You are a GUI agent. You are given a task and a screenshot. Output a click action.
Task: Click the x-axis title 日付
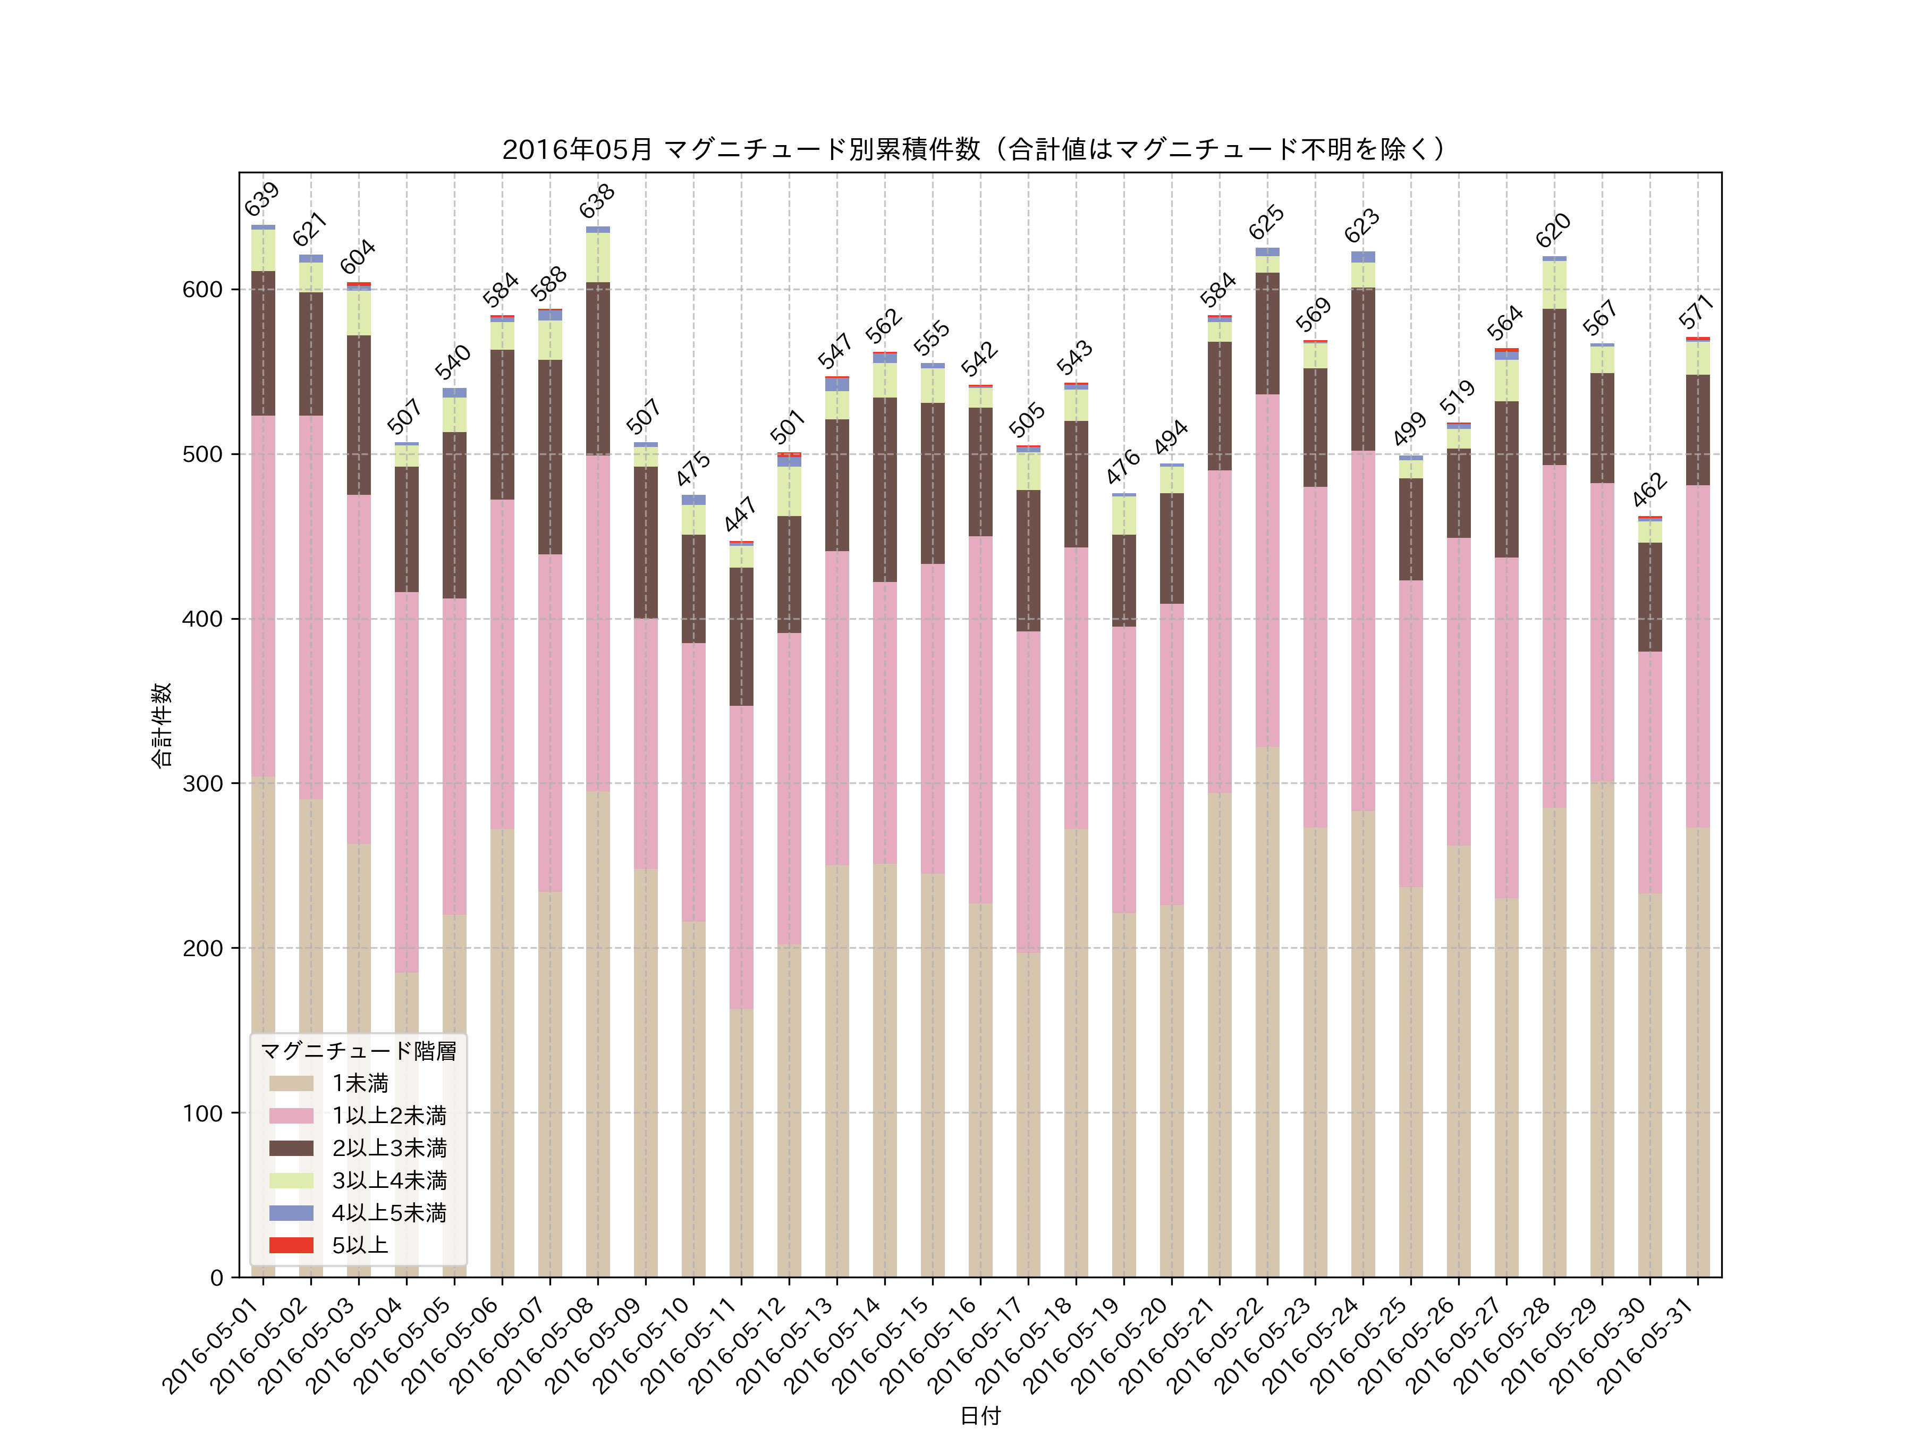pyautogui.click(x=980, y=1415)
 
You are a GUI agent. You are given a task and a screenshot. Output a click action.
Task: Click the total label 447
pyautogui.click(x=740, y=514)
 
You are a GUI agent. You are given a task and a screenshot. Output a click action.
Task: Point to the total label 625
pyautogui.click(x=1266, y=223)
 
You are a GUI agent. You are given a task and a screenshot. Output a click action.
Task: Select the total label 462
pyautogui.click(x=1649, y=489)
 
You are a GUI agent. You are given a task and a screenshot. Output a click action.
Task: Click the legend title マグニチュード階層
pyautogui.click(x=358, y=1051)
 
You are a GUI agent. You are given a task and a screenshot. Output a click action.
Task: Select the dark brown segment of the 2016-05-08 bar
pyautogui.click(x=598, y=368)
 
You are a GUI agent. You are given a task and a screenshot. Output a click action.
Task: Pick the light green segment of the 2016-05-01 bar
pyautogui.click(x=263, y=251)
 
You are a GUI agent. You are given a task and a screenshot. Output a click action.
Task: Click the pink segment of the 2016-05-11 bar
pyautogui.click(x=741, y=856)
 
